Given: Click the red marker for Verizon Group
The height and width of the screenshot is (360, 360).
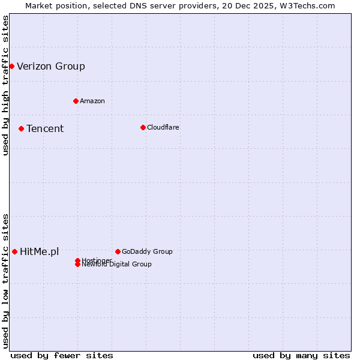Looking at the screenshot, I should pos(11,66).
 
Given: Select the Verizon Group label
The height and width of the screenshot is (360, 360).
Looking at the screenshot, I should pos(51,67).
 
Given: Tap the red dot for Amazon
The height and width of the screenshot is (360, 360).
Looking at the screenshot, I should pos(76,101).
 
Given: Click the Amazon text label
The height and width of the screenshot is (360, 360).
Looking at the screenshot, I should pos(92,101).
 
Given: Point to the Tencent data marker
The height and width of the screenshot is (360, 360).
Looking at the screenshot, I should pos(21,128).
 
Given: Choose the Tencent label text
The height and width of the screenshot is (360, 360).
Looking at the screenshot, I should pos(45,129).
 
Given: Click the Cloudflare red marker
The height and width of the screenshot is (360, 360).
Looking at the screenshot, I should pos(143,127).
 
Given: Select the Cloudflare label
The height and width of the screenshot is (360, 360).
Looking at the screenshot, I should pos(163,127).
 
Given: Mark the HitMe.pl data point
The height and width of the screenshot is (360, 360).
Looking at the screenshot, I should pos(14,251).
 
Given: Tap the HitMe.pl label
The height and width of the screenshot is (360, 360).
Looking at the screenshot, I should pos(40,252).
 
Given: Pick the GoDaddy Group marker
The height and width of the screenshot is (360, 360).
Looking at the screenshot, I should pos(118,251).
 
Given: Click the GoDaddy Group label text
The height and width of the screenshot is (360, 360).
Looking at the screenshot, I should pos(147,251).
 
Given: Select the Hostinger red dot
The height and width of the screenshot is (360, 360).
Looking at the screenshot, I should pos(77,260).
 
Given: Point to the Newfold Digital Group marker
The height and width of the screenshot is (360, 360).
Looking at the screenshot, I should pos(77,265).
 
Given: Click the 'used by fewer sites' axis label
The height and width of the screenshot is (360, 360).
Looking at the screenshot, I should pos(62,356).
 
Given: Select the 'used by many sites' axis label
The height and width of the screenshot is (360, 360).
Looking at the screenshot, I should pos(301,356).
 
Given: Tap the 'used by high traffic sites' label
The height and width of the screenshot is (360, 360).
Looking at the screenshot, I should pos(5,85).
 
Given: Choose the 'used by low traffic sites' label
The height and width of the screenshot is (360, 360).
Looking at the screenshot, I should pos(5,281).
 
